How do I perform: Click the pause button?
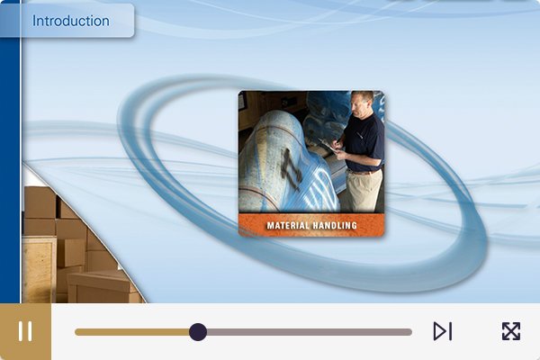click(x=25, y=331)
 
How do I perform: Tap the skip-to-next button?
click(x=443, y=331)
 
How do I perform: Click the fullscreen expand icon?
click(x=511, y=331)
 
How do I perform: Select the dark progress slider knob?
click(x=198, y=332)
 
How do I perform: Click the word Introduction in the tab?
click(x=71, y=21)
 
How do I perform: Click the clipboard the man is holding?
click(x=328, y=146)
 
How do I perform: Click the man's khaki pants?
click(x=364, y=191)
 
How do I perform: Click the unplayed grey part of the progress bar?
click(x=310, y=332)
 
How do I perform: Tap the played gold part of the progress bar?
click(x=132, y=332)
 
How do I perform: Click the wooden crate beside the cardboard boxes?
click(x=39, y=271)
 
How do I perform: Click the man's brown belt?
click(x=364, y=171)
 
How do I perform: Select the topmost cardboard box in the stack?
click(x=40, y=202)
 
